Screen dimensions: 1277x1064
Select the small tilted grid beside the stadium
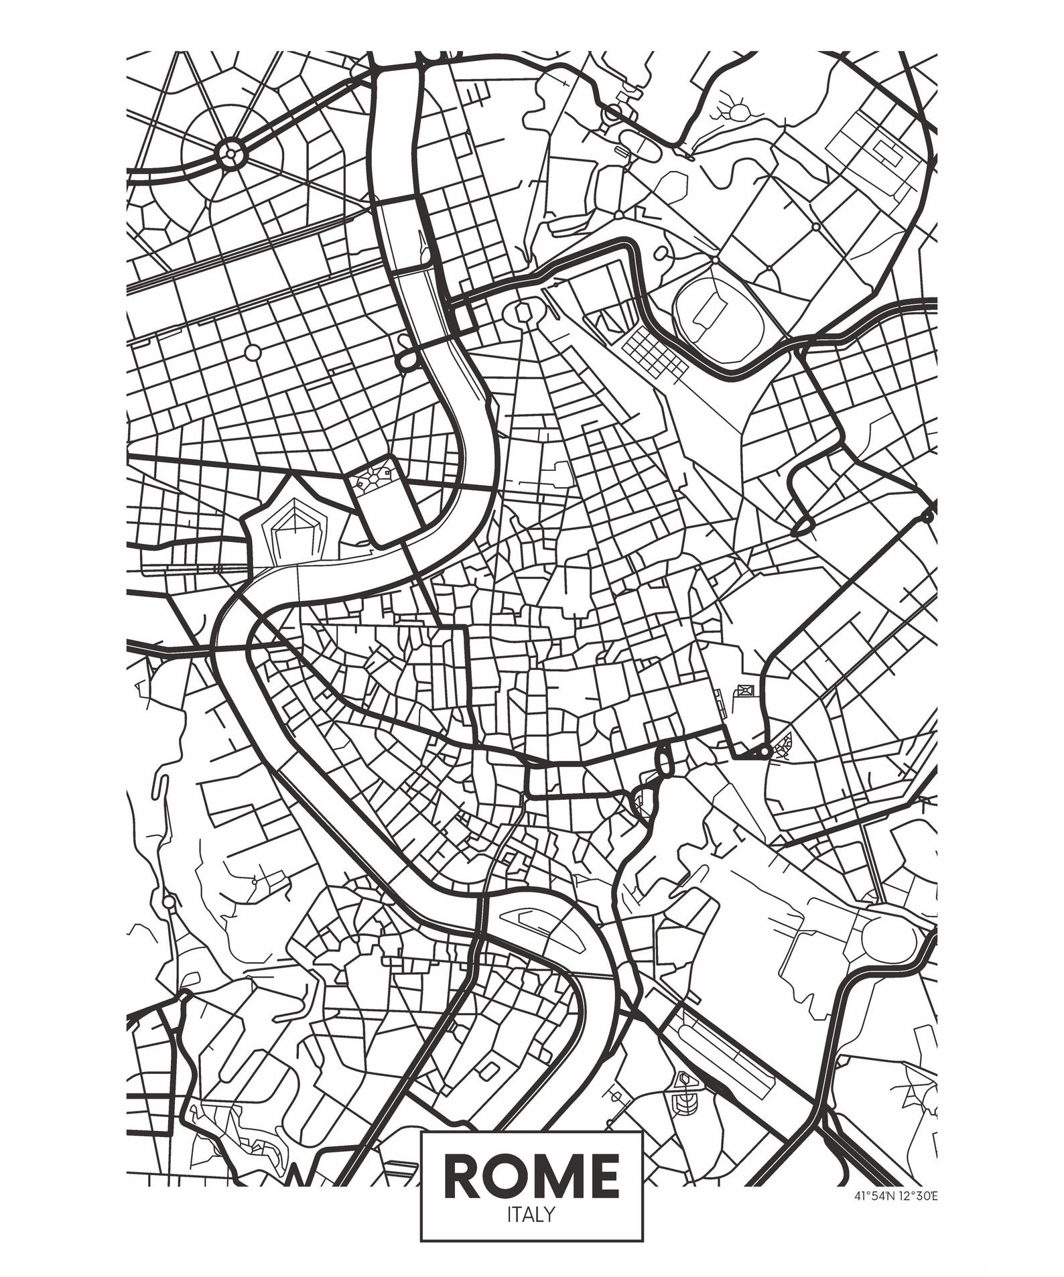pos(652,353)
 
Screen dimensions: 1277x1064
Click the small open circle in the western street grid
pos(253,352)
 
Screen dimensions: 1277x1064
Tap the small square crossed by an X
pos(744,690)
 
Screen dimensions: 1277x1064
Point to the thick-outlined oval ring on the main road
pos(664,760)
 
